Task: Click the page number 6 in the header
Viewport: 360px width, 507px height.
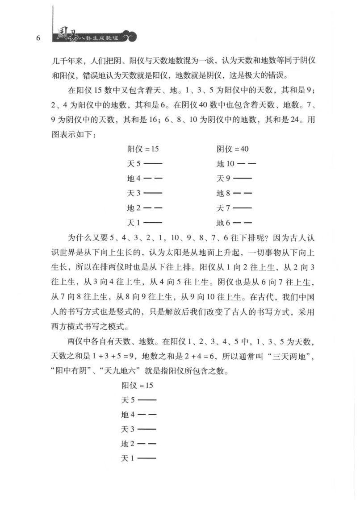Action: (38, 38)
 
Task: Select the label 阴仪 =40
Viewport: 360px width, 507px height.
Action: (233, 149)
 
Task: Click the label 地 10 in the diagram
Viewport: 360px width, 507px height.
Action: (226, 164)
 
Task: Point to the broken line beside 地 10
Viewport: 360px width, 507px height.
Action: (247, 164)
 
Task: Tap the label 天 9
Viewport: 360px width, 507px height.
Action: (223, 179)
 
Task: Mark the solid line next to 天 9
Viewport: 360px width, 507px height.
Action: (243, 179)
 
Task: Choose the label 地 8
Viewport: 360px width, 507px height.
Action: (223, 193)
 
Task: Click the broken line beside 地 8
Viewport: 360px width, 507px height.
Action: (243, 193)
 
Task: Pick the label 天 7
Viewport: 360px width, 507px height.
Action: (223, 208)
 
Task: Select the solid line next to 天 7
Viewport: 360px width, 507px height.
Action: (243, 208)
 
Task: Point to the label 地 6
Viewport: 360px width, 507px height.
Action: (223, 223)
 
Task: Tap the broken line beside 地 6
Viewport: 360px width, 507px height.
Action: (243, 223)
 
